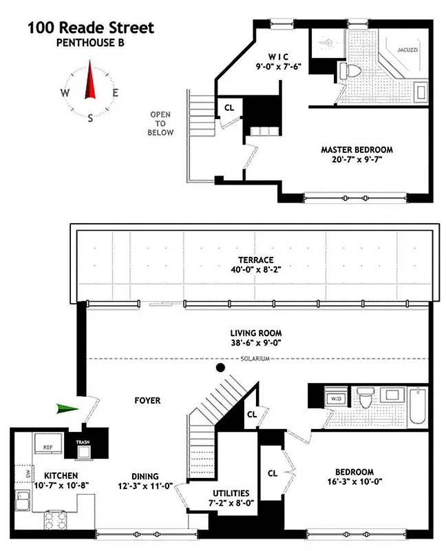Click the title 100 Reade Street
click(x=91, y=28)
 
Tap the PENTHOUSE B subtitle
click(x=91, y=43)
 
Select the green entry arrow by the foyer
click(x=67, y=409)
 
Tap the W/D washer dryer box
click(x=337, y=397)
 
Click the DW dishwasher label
click(x=28, y=474)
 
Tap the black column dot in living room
click(x=221, y=368)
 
